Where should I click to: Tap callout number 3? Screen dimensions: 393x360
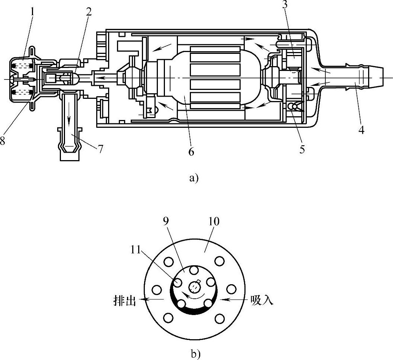pyautogui.click(x=285, y=5)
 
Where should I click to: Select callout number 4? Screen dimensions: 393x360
pyautogui.click(x=361, y=130)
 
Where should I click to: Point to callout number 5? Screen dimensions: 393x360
pyautogui.click(x=302, y=149)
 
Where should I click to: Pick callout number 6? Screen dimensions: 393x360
pyautogui.click(x=191, y=152)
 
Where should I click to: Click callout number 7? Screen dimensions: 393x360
pyautogui.click(x=100, y=149)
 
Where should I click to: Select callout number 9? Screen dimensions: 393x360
pyautogui.click(x=166, y=221)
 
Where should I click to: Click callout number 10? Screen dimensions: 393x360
pyautogui.click(x=214, y=221)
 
